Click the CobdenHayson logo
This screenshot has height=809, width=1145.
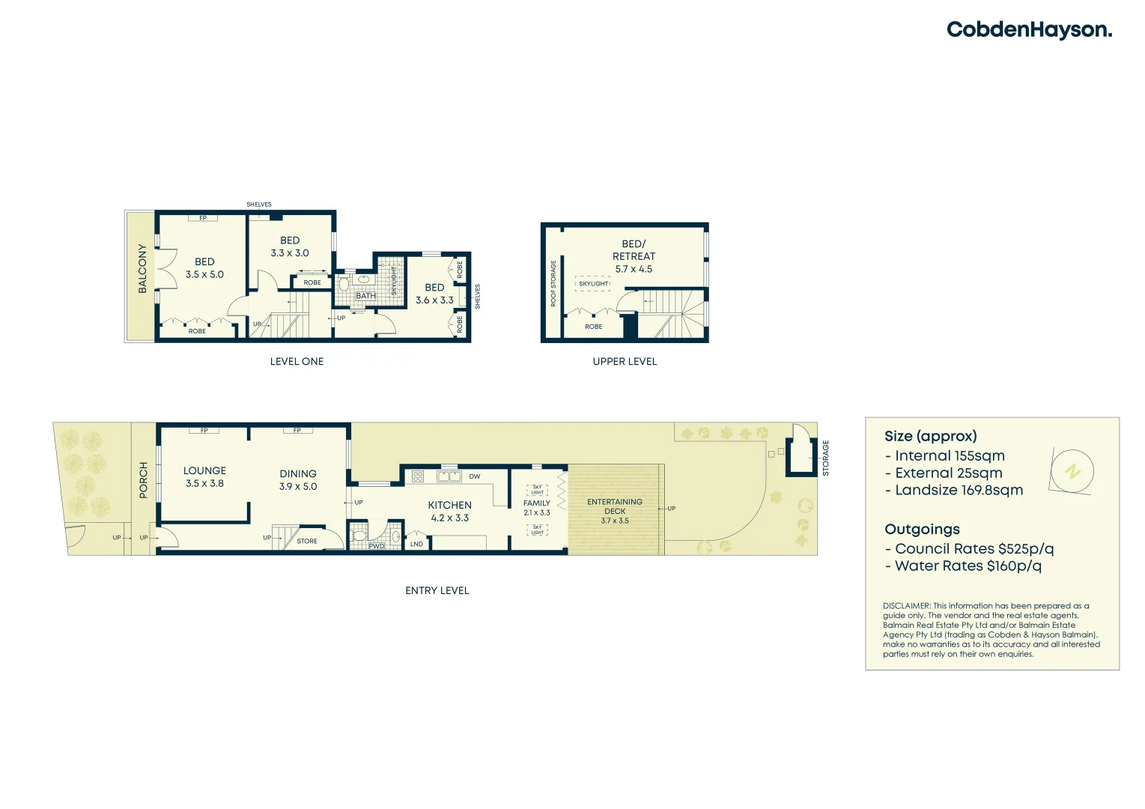pos(1029,30)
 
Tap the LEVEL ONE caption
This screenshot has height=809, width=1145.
pos(297,361)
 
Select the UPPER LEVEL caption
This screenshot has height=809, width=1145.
pos(625,361)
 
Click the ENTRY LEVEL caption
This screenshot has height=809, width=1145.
pos(437,590)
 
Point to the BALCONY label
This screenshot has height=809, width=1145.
pos(142,268)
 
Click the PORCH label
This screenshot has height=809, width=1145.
pos(144,480)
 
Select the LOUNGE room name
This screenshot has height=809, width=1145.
pos(204,470)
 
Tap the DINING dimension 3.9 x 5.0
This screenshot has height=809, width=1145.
pos(298,486)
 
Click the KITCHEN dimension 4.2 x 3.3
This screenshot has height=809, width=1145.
pos(449,518)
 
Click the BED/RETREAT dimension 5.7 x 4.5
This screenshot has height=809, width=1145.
pos(634,269)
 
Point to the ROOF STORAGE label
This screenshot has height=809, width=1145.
pos(553,283)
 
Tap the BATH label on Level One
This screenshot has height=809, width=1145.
pos(365,296)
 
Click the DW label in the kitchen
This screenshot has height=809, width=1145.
pos(475,476)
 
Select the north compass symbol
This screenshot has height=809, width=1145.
pos(1072,472)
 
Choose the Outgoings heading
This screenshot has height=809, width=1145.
pos(922,529)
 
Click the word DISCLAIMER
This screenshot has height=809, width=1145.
pos(906,605)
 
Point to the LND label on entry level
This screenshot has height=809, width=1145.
pos(416,544)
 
